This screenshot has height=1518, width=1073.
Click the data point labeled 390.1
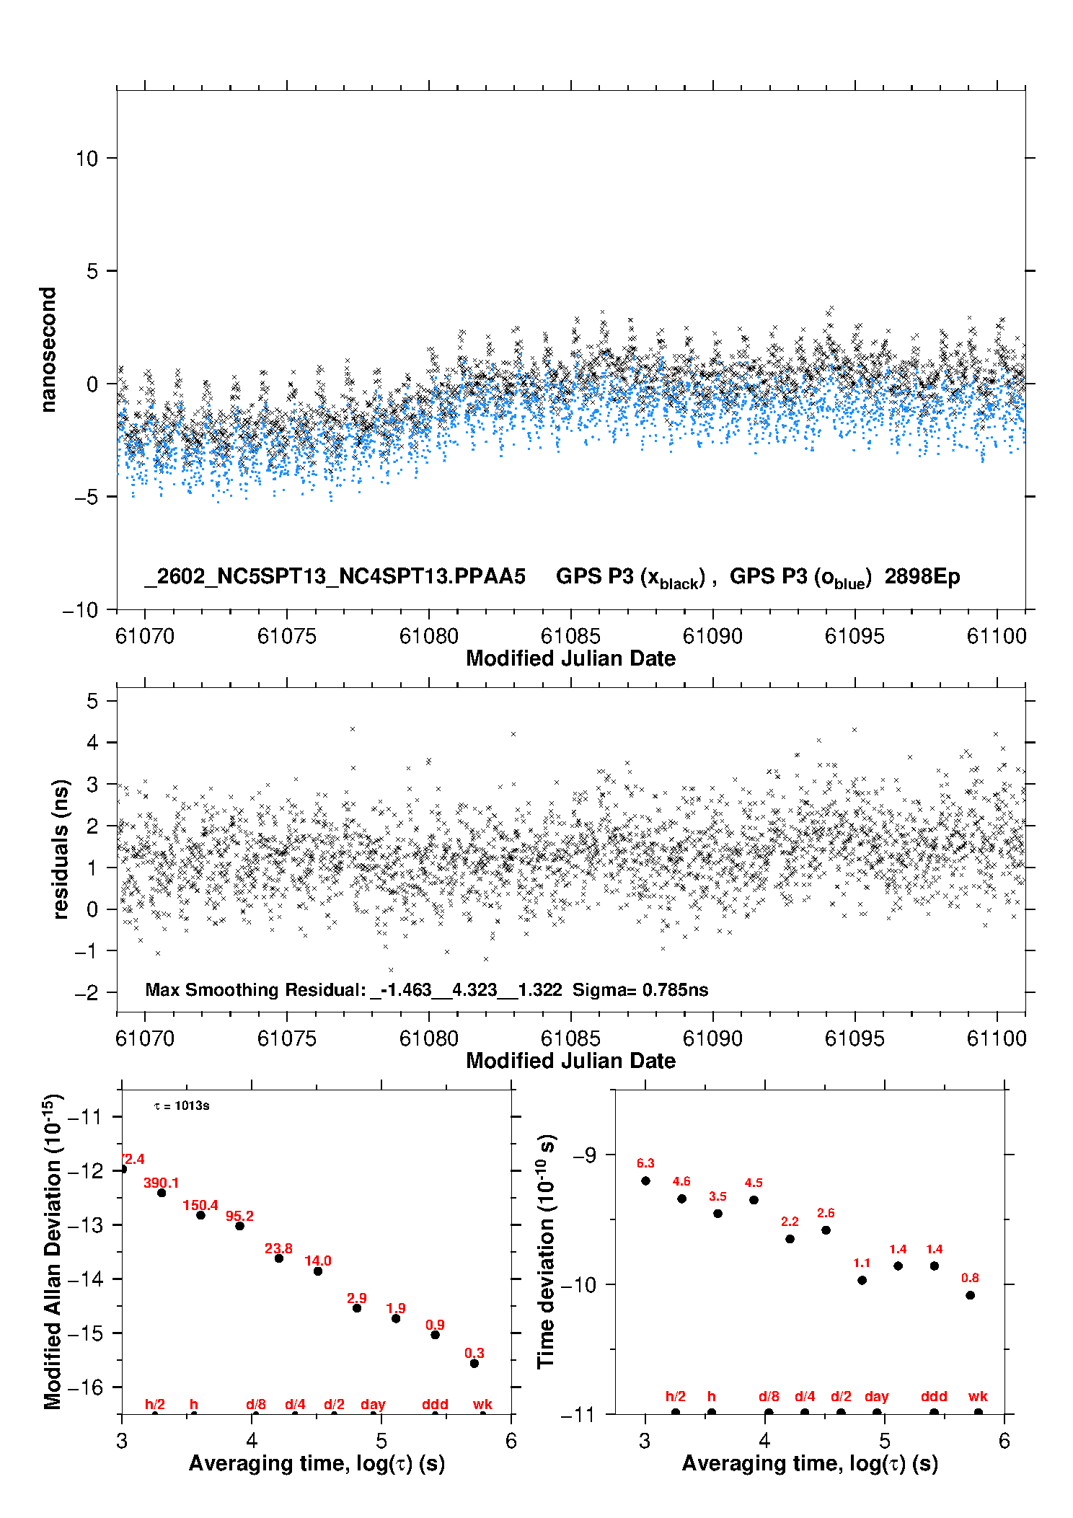point(162,1193)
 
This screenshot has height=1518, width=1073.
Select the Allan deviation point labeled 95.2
point(239,1226)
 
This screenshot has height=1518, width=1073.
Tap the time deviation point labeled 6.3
point(645,1181)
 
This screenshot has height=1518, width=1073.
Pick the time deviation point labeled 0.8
point(970,1295)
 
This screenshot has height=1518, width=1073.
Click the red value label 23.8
point(278,1248)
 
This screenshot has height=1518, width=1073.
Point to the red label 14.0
point(317,1261)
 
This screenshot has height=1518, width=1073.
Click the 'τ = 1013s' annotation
point(182,1106)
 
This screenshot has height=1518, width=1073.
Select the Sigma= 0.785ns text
point(640,989)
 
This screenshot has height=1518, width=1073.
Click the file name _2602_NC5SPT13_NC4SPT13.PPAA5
point(335,576)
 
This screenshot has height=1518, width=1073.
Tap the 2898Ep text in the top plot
point(922,576)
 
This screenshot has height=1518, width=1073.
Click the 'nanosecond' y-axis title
point(48,350)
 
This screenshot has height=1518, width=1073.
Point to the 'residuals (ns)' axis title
point(61,849)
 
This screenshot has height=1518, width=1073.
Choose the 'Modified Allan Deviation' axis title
point(52,1251)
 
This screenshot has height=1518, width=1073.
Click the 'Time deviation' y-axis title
point(546,1251)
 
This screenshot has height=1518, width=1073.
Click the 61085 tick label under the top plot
point(570,636)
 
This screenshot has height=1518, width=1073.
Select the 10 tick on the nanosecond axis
point(87,159)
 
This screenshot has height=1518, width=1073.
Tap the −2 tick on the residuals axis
point(87,993)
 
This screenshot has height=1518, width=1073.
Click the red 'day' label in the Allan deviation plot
point(373,1404)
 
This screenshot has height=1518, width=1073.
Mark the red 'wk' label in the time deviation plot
point(977,1396)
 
